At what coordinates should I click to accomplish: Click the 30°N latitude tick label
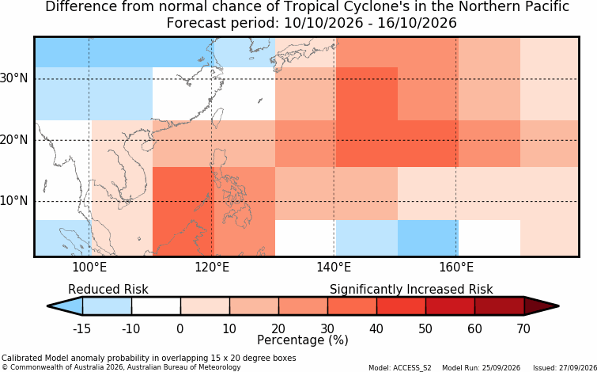[x=14, y=79]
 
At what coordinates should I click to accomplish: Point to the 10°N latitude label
[x=14, y=201]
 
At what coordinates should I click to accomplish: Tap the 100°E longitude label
[x=90, y=268]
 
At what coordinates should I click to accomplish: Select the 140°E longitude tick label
[x=334, y=268]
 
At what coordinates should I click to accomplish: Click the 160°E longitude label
[x=456, y=268]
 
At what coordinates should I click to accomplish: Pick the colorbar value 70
[x=524, y=328]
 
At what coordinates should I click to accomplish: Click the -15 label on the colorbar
[x=81, y=328]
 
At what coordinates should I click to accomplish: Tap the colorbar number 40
[x=376, y=328]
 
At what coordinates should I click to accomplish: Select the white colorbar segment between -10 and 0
[x=156, y=306]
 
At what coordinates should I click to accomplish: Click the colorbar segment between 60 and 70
[x=500, y=306]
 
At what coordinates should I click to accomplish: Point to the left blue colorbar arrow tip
[x=48, y=306]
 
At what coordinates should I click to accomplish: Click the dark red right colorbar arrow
[x=541, y=306]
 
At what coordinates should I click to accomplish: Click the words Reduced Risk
[x=108, y=290]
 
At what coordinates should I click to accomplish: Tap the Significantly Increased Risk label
[x=411, y=290]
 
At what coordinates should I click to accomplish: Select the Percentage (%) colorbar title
[x=303, y=340]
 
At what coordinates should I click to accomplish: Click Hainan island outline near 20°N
[x=148, y=146]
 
